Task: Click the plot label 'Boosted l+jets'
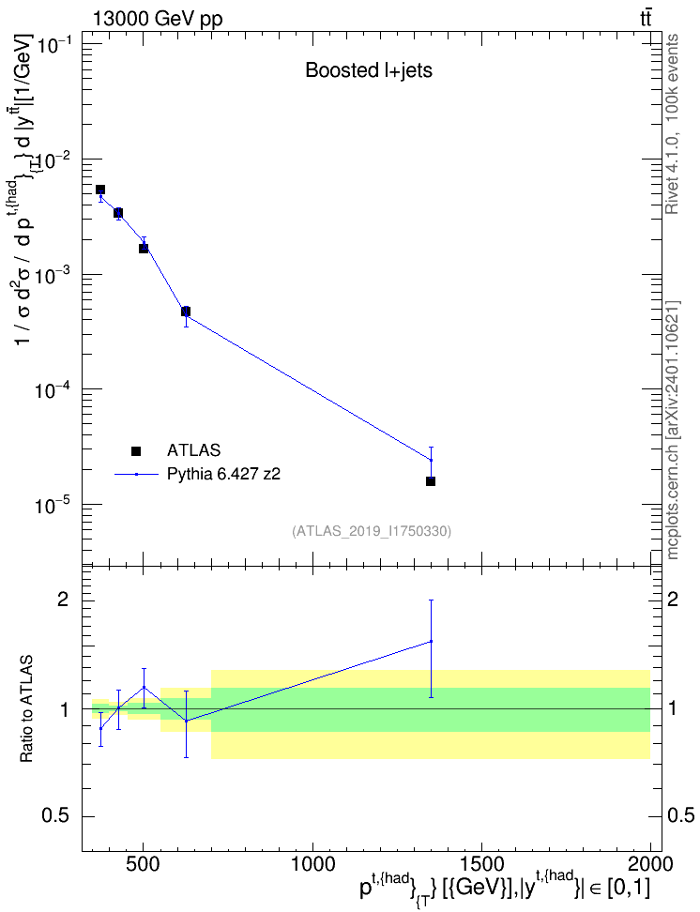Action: (x=369, y=70)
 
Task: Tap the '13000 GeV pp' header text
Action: (x=157, y=19)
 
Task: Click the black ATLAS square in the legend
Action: (x=136, y=450)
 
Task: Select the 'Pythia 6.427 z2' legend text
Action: (x=223, y=474)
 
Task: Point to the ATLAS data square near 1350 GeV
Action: (x=431, y=481)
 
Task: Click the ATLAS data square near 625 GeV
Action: (x=186, y=312)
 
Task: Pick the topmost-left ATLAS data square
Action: (x=100, y=190)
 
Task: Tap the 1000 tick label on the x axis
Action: (x=312, y=864)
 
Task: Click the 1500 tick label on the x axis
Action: (x=481, y=864)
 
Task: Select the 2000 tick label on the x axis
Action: (x=650, y=864)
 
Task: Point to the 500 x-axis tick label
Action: (x=144, y=864)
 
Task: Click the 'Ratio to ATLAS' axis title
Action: (x=26, y=709)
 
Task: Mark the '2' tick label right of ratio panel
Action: (x=673, y=600)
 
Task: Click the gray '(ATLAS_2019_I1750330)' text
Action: (x=372, y=531)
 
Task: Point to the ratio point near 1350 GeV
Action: (x=431, y=642)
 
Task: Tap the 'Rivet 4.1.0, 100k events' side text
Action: (x=672, y=124)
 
